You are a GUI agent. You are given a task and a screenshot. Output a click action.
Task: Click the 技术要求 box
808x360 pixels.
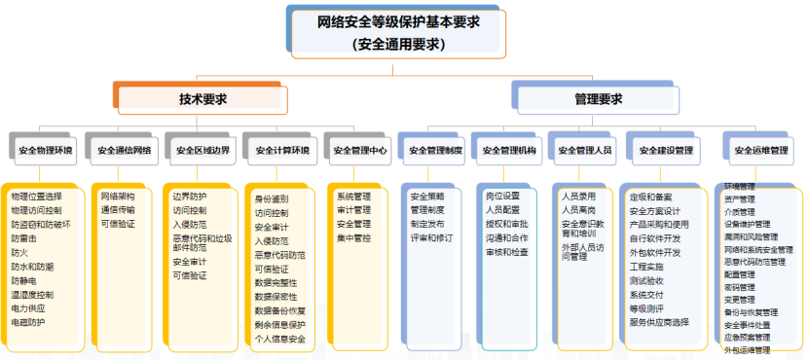tap(202, 99)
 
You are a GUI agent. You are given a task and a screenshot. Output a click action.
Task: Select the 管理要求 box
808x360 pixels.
tap(598, 99)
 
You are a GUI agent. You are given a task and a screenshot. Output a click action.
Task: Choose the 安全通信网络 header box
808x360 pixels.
tap(123, 151)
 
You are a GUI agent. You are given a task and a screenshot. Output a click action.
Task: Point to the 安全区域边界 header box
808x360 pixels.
tap(202, 151)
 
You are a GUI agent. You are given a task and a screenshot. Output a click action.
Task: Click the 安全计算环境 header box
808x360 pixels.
tap(281, 151)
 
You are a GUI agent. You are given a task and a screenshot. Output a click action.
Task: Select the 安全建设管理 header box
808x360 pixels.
tap(666, 151)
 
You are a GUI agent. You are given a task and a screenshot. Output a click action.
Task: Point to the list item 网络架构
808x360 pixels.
tap(117, 197)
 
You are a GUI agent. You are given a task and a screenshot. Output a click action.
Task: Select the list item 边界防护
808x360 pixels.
tap(190, 197)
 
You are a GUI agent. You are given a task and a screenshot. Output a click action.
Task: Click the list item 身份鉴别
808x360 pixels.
tap(272, 199)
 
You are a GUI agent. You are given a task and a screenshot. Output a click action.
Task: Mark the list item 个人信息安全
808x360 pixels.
tap(280, 339)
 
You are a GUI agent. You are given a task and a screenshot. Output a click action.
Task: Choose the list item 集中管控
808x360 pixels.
tap(353, 237)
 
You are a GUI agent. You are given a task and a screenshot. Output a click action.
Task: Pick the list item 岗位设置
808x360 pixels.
tap(502, 197)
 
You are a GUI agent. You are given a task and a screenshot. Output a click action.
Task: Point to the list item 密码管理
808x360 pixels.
tap(740, 288)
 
